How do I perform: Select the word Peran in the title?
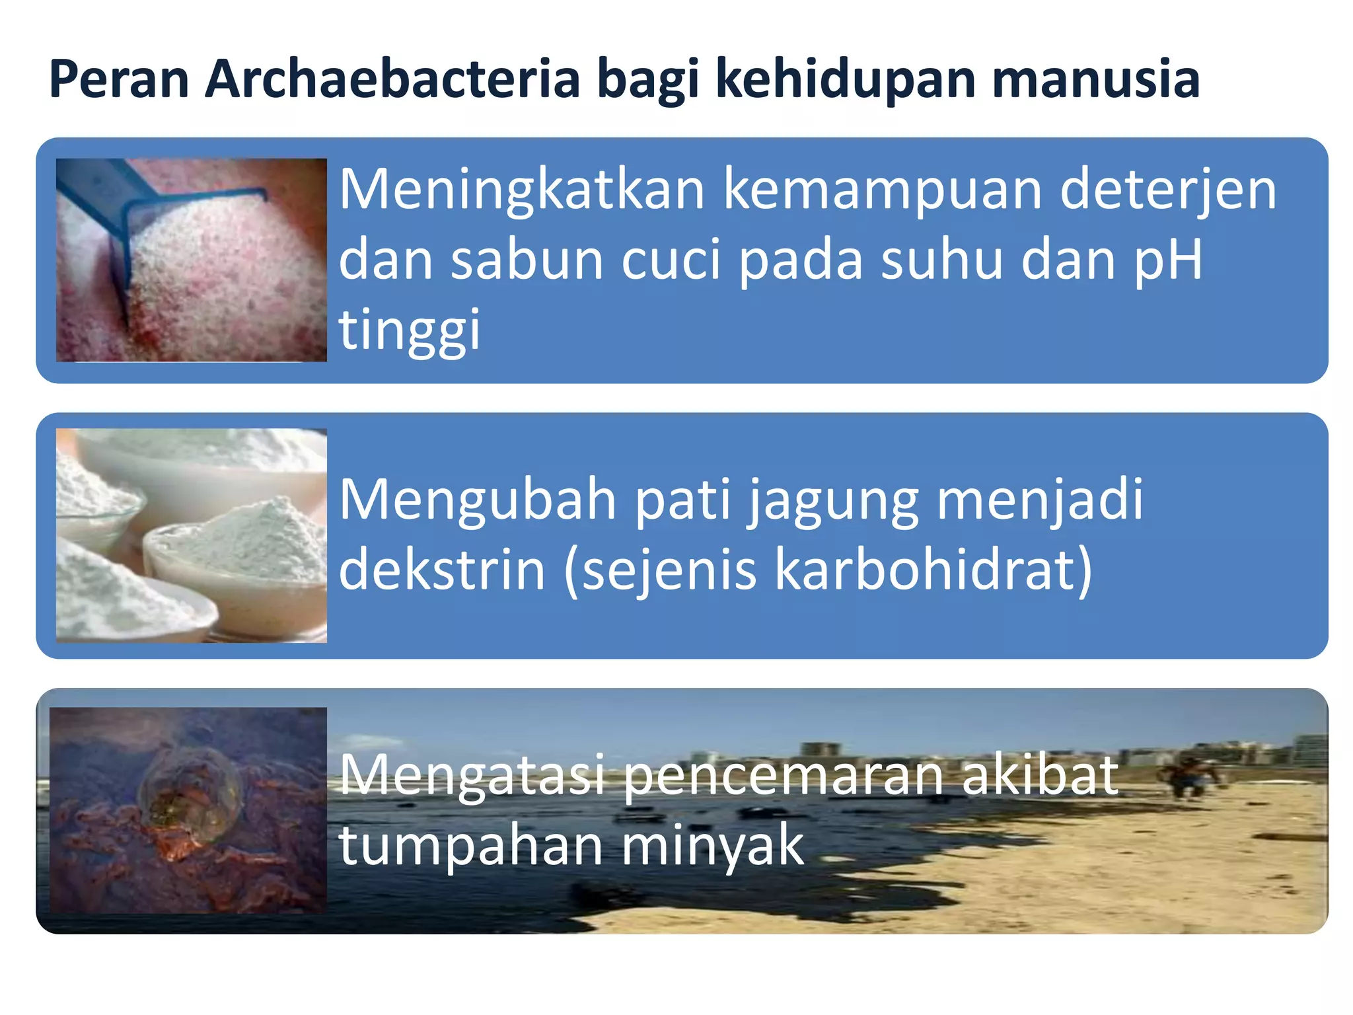(119, 79)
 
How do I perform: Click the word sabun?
(527, 260)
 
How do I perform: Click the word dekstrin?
(442, 570)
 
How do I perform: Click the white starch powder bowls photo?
(192, 535)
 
